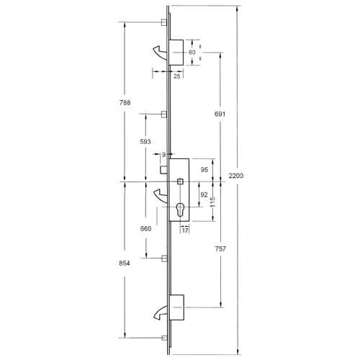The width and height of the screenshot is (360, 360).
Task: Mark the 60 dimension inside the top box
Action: click(x=192, y=53)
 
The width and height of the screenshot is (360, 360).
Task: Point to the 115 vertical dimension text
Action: click(x=212, y=204)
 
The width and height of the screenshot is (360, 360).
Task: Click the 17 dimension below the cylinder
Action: click(x=185, y=230)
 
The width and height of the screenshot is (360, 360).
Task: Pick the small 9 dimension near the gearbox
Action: click(x=163, y=154)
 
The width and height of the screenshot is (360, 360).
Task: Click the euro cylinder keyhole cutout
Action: click(x=179, y=212)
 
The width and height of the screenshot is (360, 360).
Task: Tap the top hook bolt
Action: click(x=159, y=50)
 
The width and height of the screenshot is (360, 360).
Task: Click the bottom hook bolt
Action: click(x=159, y=312)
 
